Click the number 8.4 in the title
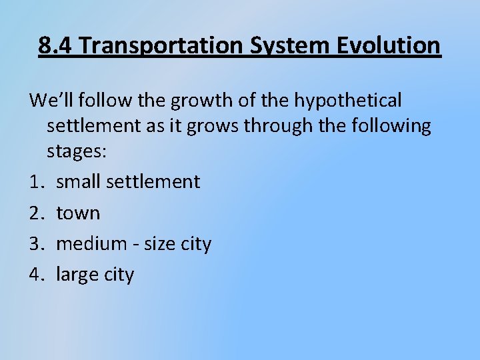pos(54,46)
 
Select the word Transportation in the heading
pos(159,46)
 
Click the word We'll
pos(49,101)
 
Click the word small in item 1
pos(79,181)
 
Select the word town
pos(78,213)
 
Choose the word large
pos(75,274)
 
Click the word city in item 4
pos(118,274)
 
